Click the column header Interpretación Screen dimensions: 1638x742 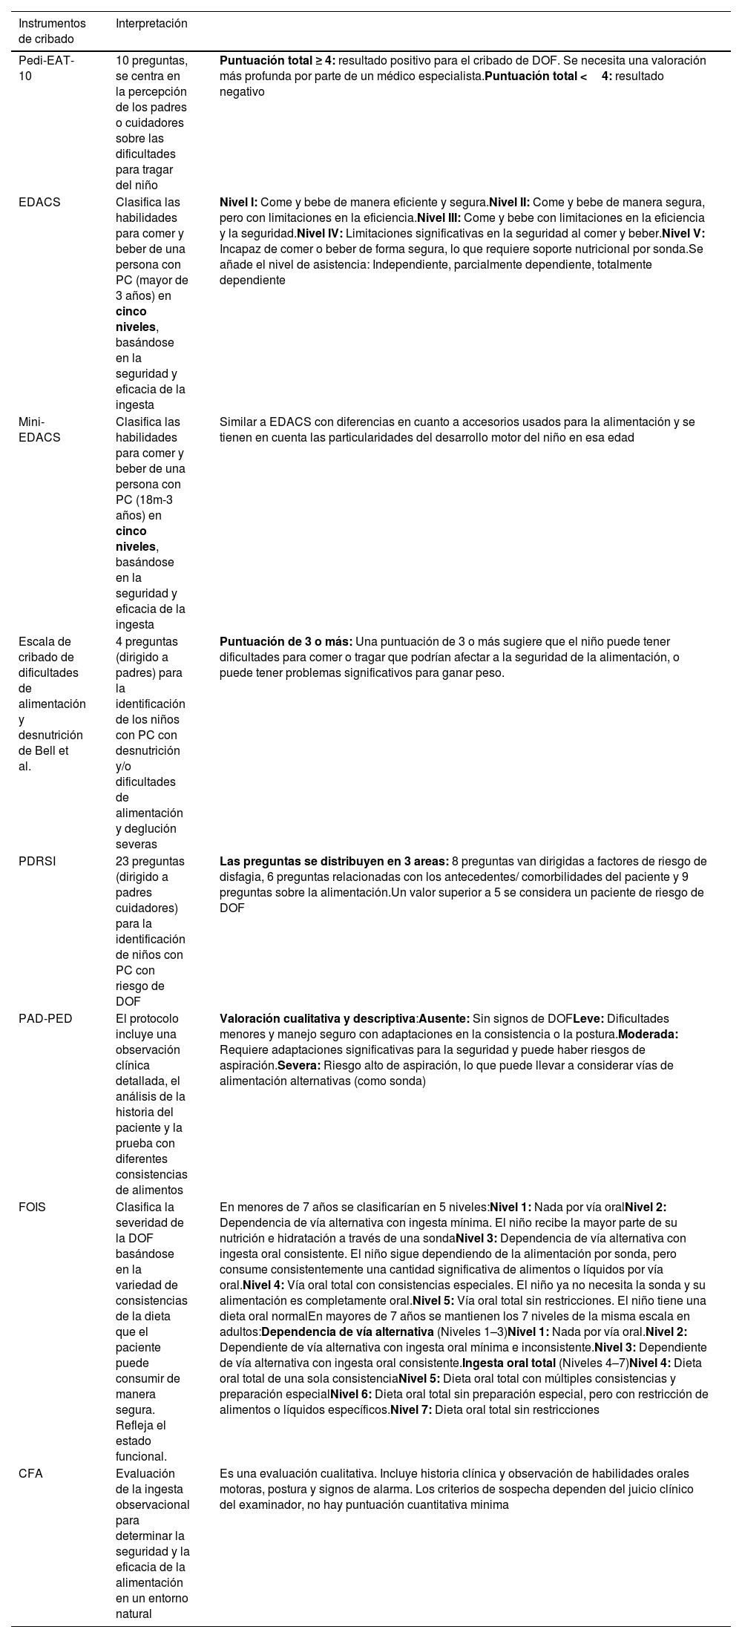[151, 23]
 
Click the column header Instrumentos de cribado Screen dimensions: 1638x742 [52, 31]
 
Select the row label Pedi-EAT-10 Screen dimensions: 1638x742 [46, 68]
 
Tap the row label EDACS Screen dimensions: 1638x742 [39, 202]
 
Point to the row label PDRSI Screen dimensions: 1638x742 [37, 861]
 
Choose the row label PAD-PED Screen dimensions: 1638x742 [45, 1018]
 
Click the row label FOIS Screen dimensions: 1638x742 [32, 1207]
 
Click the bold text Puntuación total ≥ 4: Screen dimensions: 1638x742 [278, 61]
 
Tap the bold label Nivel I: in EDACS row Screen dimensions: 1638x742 [238, 202]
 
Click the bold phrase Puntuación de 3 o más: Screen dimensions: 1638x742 [286, 641]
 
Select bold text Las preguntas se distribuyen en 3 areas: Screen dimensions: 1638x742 [334, 861]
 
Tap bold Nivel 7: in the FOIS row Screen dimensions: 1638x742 [411, 1409]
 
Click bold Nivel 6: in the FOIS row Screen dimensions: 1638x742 [351, 1394]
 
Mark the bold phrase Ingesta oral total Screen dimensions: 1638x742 [509, 1363]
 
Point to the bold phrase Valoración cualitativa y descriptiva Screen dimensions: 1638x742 [318, 1018]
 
